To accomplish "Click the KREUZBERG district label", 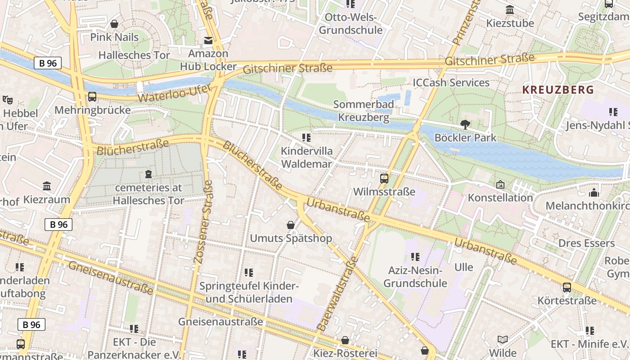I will (558, 90).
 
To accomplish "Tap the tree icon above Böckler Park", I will (465, 124).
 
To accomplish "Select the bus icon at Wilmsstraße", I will (384, 178).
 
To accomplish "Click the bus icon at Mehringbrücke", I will (92, 96).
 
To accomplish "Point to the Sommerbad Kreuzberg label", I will (364, 111).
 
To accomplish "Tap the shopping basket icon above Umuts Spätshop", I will (291, 225).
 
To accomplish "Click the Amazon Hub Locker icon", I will (208, 40).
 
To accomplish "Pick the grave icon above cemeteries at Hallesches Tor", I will (148, 174).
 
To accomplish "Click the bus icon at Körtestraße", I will (567, 287).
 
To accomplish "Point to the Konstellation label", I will (500, 198).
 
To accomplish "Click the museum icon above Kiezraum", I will (47, 186).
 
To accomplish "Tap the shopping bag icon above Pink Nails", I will (114, 24).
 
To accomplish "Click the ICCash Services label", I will (451, 82).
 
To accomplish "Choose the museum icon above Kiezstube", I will (510, 10).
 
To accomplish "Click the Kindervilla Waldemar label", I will (306, 157).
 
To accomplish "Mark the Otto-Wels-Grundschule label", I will (351, 24).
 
